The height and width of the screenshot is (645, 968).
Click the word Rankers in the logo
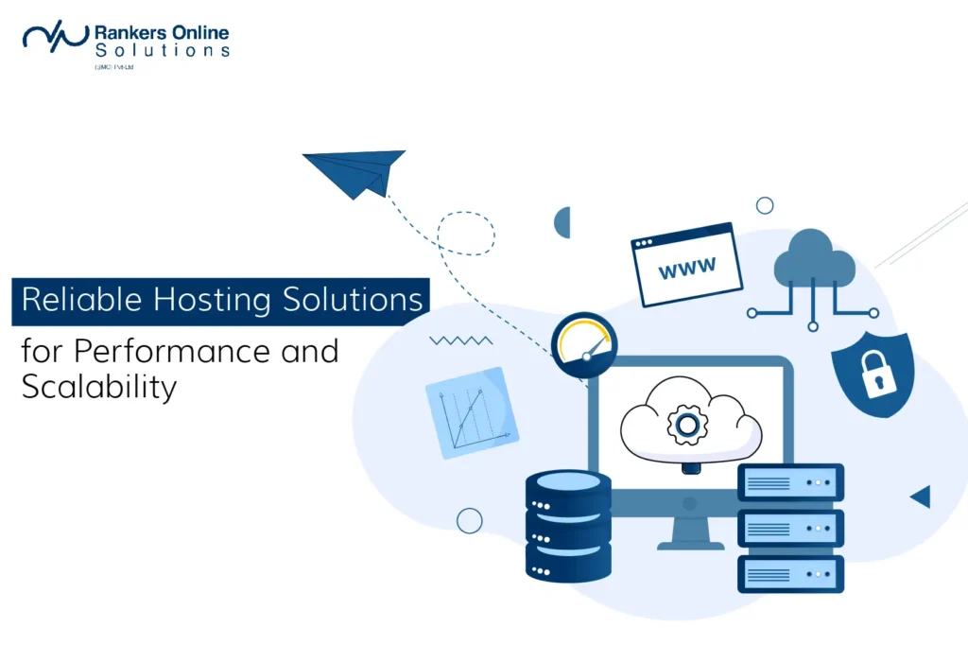pyautogui.click(x=129, y=32)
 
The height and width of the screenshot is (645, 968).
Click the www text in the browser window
pyautogui.click(x=687, y=270)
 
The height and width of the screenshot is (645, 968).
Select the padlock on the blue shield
pyautogui.click(x=873, y=374)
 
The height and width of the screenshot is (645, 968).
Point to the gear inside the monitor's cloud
pyautogui.click(x=687, y=425)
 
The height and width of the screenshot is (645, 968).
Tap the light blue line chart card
pyautogui.click(x=472, y=412)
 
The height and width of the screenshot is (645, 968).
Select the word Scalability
pyautogui.click(x=99, y=388)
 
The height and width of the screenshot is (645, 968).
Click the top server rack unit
pyautogui.click(x=789, y=482)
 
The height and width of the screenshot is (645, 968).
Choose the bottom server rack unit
pyautogui.click(x=789, y=573)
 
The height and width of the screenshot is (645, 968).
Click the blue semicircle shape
pyautogui.click(x=562, y=222)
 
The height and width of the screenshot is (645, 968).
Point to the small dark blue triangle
pyautogui.click(x=921, y=497)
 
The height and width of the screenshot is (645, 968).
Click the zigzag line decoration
pyautogui.click(x=460, y=340)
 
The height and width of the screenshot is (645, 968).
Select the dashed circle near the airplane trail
pyautogui.click(x=466, y=233)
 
